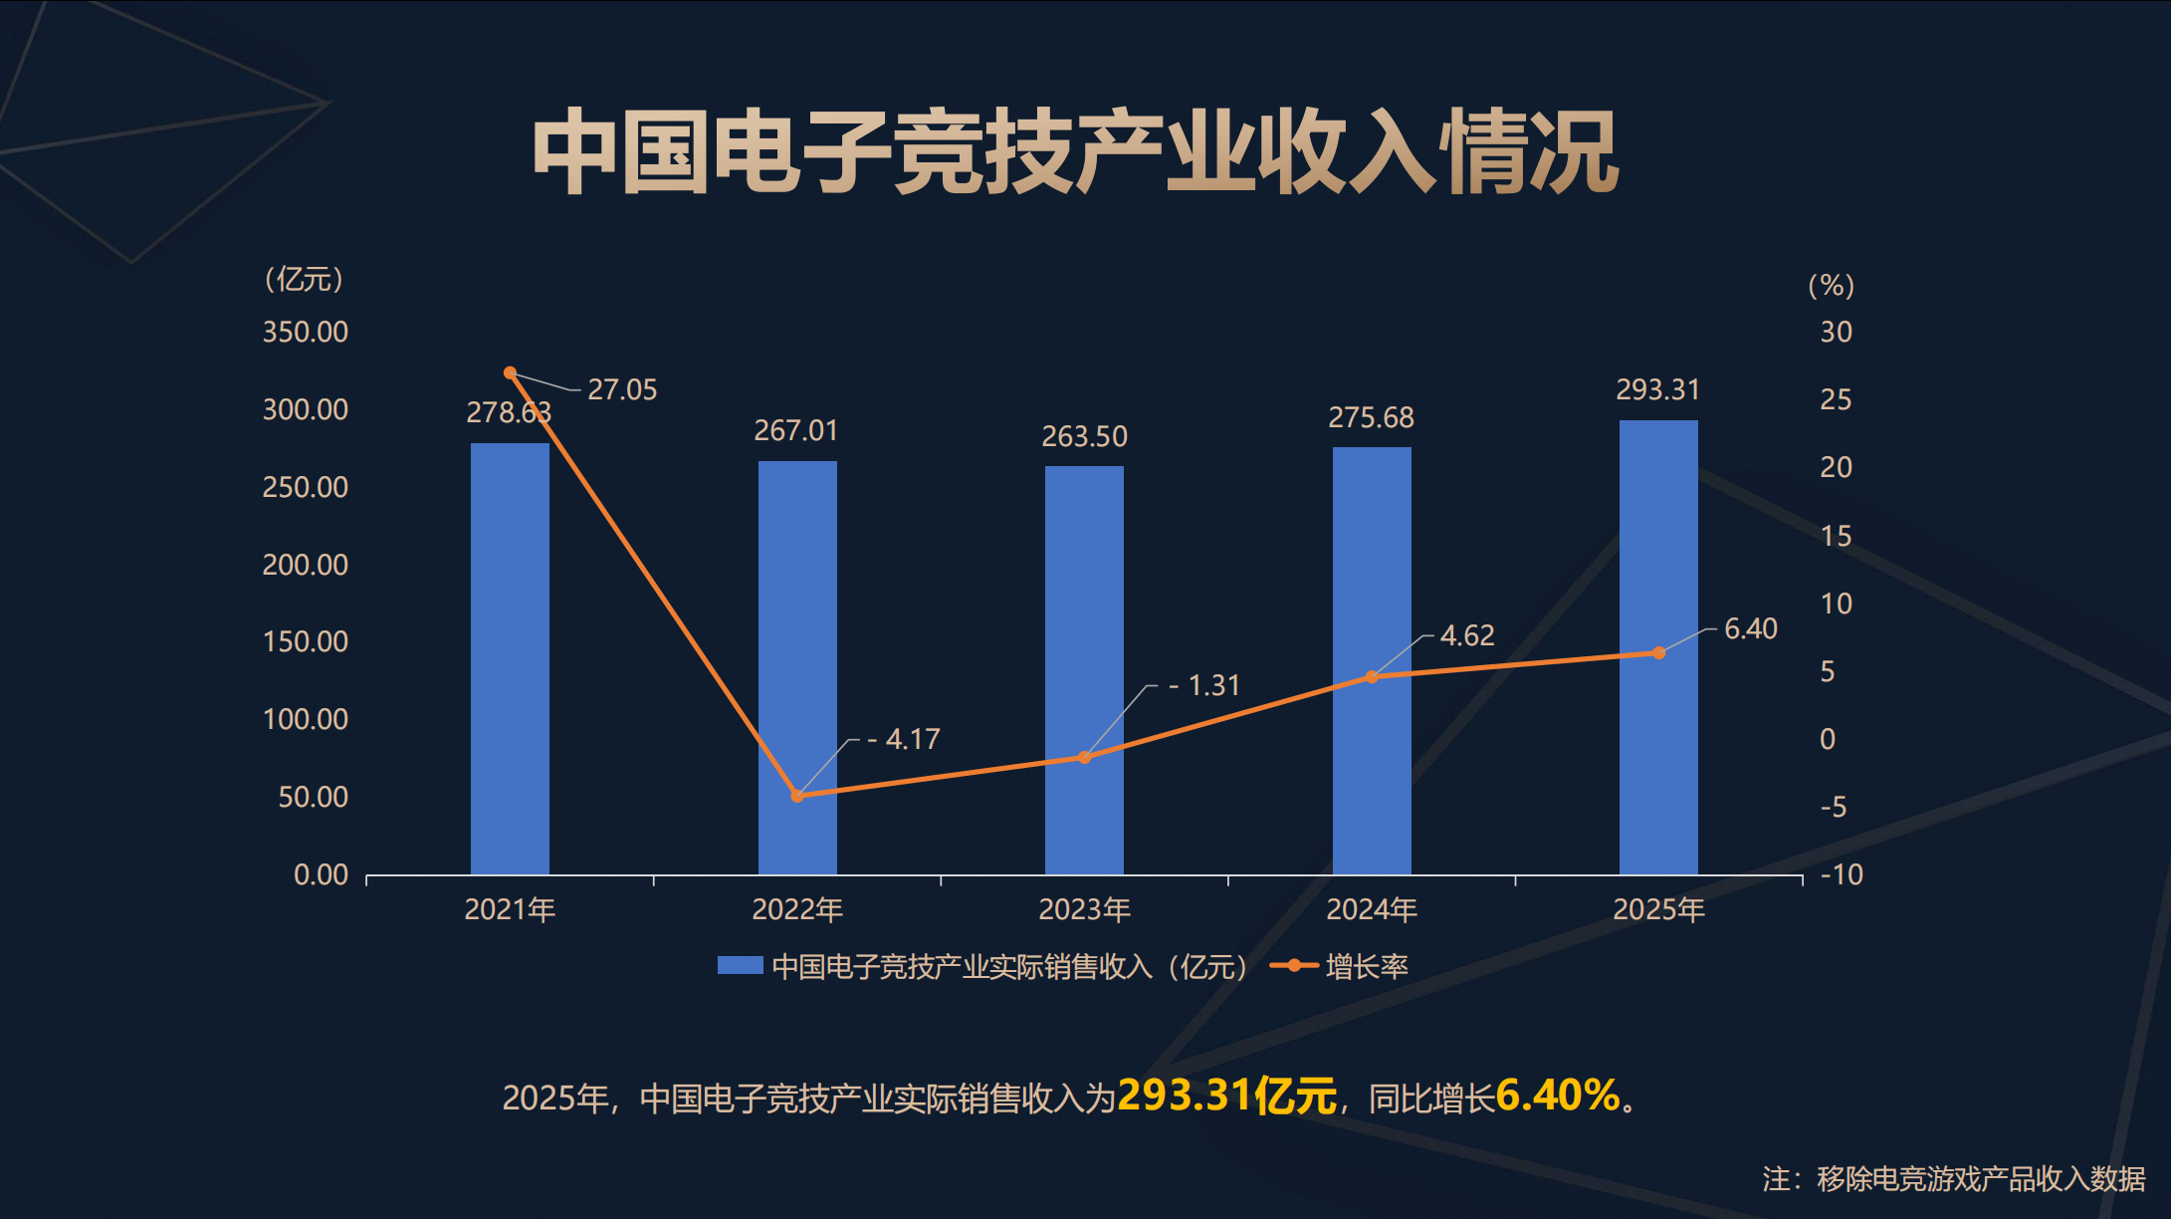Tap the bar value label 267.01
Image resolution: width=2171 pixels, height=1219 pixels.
coord(796,430)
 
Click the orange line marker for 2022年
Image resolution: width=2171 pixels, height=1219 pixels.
coord(796,796)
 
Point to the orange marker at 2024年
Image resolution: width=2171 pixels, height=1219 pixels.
coord(1372,677)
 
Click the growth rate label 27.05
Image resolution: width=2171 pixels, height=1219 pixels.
coord(622,389)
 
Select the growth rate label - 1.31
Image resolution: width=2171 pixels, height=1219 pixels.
coord(1204,685)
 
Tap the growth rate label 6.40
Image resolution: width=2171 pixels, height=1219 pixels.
coord(1750,628)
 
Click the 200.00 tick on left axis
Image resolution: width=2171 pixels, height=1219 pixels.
coord(305,565)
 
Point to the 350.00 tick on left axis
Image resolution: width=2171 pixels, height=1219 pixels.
coord(305,332)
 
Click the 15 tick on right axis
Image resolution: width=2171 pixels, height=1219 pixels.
coord(1836,536)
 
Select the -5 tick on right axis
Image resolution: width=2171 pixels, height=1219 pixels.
coord(1833,807)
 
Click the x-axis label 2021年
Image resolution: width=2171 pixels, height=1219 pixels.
coord(510,909)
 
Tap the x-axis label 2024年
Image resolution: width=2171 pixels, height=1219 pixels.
coord(1372,909)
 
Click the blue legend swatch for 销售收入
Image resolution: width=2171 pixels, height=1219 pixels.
coord(740,965)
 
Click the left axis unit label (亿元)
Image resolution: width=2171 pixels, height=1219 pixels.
coord(304,279)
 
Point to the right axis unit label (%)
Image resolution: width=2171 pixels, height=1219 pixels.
coord(1831,286)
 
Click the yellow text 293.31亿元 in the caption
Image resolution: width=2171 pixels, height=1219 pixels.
coord(1226,1096)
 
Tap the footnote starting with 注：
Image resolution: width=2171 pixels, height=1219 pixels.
coord(1953,1179)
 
